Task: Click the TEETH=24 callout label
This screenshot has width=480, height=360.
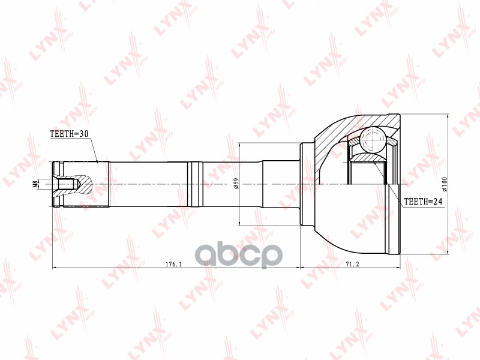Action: coord(422,202)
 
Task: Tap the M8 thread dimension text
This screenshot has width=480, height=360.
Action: coord(36,184)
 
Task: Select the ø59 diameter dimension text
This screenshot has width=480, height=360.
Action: coord(236,184)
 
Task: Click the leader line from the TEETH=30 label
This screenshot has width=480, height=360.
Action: coord(92,150)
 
